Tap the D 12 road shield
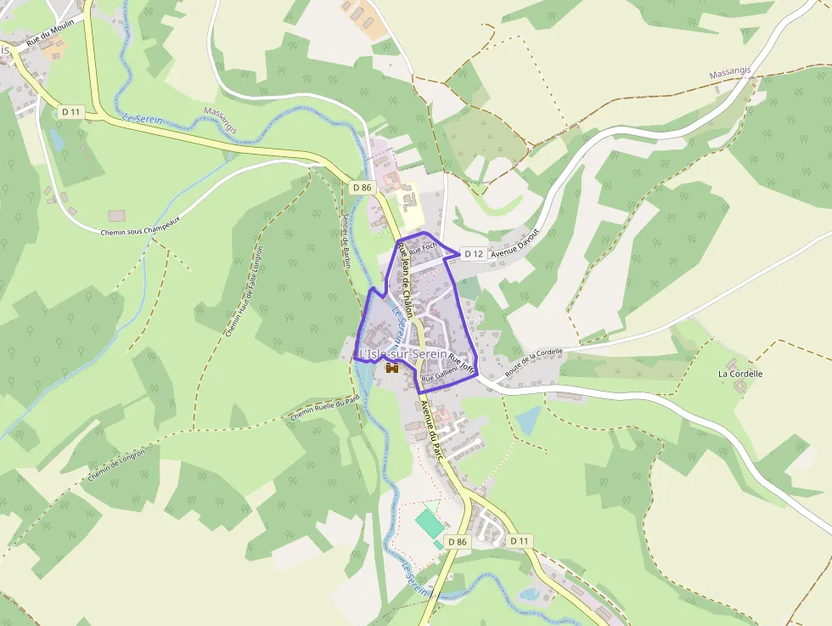[473, 254]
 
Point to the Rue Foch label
[422, 250]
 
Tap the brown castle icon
[392, 369]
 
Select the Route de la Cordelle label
[534, 364]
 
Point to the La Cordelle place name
[740, 373]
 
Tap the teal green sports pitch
[429, 522]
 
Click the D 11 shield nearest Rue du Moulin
[70, 111]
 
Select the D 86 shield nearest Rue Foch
[362, 187]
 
